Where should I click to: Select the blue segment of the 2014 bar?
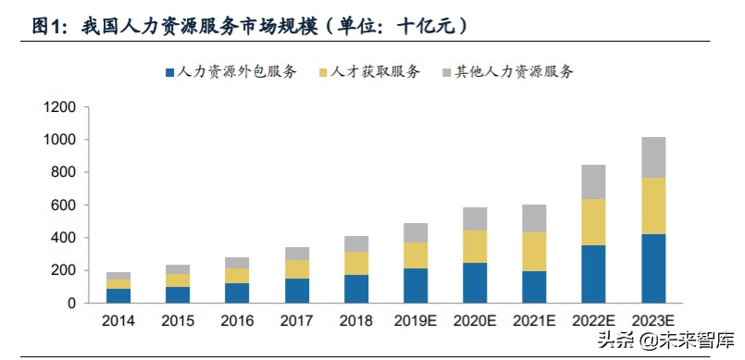point(118,295)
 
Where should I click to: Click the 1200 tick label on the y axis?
point(59,107)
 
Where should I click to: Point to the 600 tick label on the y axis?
point(63,205)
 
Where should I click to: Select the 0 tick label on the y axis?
point(70,303)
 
